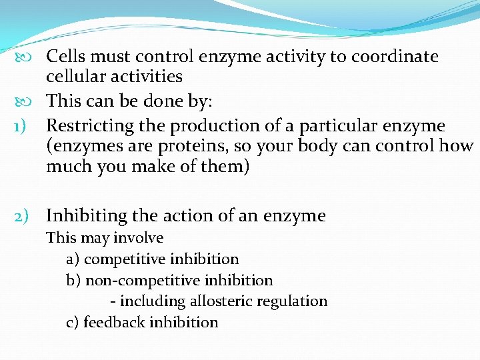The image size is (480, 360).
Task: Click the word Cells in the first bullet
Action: pos(65,57)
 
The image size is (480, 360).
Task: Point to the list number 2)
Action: pos(25,216)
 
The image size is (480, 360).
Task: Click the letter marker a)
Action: pos(73,259)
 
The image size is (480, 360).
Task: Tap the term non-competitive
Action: pos(133,281)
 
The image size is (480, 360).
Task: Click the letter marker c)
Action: pos(73,323)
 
